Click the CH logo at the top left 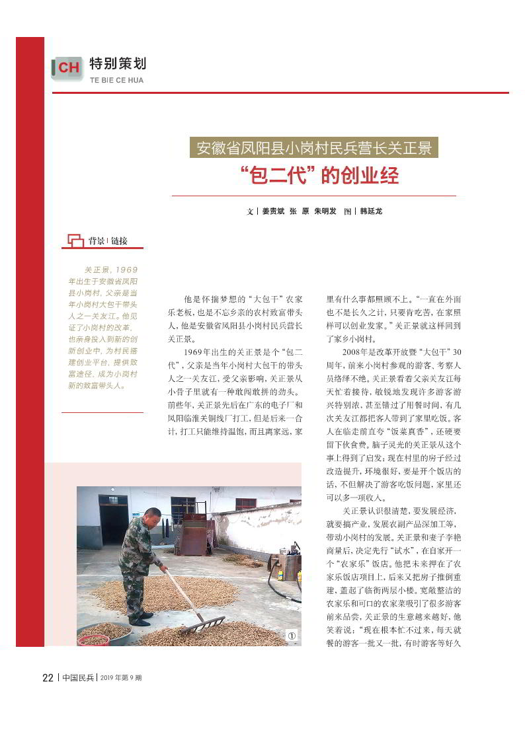67,67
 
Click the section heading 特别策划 118,64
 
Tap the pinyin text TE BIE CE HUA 116,81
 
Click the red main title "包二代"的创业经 319,176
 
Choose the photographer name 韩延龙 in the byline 371,211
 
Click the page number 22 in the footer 48,678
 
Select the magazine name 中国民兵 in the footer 78,678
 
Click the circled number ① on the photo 292,635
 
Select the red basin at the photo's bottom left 93,639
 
